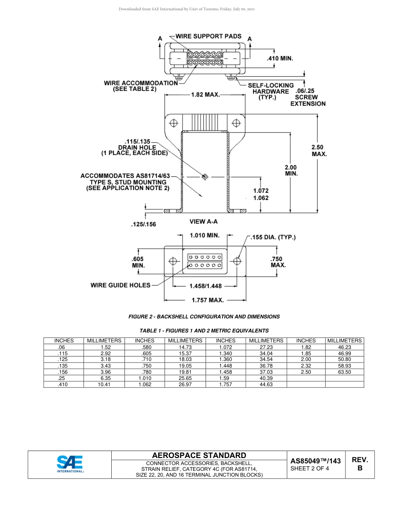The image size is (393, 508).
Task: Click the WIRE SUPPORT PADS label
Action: pos(208,36)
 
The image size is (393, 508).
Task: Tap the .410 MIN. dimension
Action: pos(280,59)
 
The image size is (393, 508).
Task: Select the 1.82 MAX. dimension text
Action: pos(205,95)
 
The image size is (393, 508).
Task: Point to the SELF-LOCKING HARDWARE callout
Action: pos(271,91)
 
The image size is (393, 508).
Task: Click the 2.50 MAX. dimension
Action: pos(319,150)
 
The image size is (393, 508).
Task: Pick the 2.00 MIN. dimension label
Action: pos(291,171)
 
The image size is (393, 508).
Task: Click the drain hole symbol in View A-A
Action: pos(204,177)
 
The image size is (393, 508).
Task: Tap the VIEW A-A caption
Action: pos(204,222)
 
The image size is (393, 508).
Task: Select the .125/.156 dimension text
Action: pos(143,224)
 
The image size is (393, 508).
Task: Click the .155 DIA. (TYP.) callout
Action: pos(273,237)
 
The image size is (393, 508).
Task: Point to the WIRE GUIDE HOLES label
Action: pos(120,285)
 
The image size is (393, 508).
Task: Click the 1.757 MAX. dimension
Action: pos(207,300)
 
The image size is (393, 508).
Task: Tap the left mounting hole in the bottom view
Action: pos(173,261)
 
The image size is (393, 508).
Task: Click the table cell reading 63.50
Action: pos(344,372)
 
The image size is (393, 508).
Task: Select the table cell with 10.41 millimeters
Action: pos(104,384)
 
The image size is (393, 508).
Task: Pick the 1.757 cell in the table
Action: pos(225,384)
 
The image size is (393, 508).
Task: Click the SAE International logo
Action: pos(70,465)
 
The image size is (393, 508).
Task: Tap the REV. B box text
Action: pos(359,464)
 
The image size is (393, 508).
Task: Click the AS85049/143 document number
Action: pos(315,461)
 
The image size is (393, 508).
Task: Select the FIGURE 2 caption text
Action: pos(204,317)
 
